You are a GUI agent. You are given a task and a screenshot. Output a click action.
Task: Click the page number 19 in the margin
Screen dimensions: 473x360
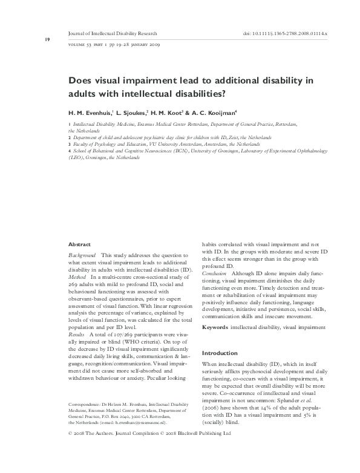tap(30, 40)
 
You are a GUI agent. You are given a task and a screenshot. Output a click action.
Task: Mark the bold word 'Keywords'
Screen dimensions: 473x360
tap(215, 327)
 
